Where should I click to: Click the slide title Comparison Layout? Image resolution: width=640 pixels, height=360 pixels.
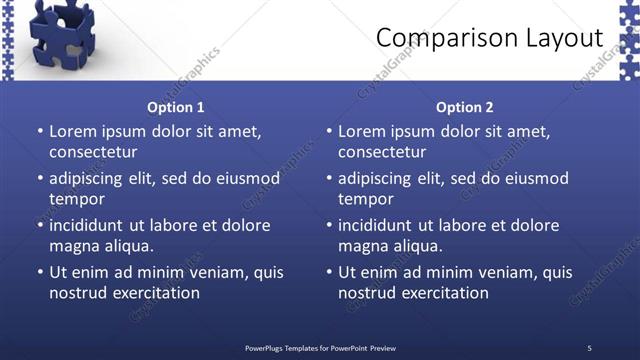[x=490, y=38]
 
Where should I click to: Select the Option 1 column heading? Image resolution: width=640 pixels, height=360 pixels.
[x=176, y=107]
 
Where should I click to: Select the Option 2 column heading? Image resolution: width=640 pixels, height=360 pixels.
[x=465, y=107]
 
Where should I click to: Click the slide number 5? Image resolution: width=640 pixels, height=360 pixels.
[x=589, y=347]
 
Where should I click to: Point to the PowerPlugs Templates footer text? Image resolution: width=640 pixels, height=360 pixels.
[x=320, y=347]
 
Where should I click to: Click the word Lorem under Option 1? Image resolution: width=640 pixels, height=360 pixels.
[x=74, y=131]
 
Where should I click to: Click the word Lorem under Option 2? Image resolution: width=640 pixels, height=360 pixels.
[x=363, y=131]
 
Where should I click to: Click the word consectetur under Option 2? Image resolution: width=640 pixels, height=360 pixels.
[x=382, y=152]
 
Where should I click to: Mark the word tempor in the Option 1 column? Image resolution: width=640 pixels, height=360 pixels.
[x=75, y=199]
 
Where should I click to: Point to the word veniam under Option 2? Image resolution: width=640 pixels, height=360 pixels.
[x=489, y=272]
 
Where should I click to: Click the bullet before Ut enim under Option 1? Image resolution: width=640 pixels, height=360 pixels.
[x=39, y=272]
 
